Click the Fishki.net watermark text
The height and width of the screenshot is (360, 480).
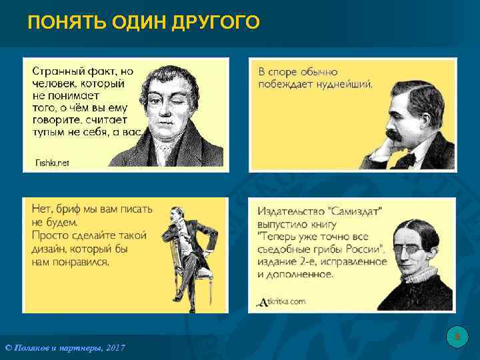[x=51, y=163]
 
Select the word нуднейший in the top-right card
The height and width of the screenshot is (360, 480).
[x=345, y=84]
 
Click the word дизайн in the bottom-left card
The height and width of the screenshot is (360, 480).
[x=50, y=249]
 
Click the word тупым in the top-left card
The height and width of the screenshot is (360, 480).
[x=49, y=131]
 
